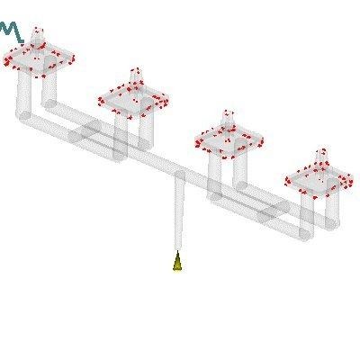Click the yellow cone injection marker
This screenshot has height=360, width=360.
point(177,262)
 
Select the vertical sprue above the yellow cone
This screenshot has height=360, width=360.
point(178,216)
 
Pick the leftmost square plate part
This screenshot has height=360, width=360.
point(39,58)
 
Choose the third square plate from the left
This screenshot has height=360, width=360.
point(230,139)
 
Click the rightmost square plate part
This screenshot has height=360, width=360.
point(320,178)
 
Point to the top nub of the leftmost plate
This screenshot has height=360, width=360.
point(37,34)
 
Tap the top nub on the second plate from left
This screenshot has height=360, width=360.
point(135,72)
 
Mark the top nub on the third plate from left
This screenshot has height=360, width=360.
point(229,116)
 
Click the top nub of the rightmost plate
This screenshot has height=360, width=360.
point(321,155)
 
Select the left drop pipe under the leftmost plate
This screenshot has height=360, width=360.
point(23,94)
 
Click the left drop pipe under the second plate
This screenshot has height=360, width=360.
point(120,135)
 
